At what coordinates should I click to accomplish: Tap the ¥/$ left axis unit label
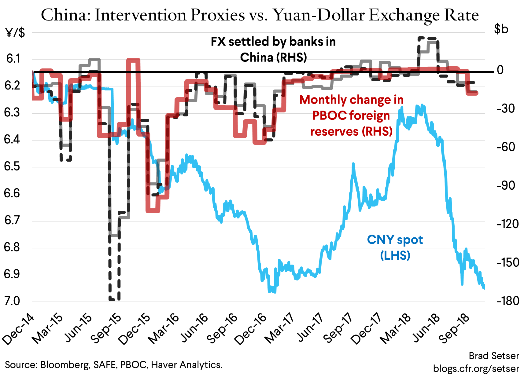[x=15, y=32]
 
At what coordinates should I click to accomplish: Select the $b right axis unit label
[x=501, y=29]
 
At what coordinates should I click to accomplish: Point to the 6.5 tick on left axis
[x=12, y=167]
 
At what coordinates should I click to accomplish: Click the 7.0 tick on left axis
[x=12, y=301]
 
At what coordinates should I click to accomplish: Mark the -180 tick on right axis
[x=507, y=301]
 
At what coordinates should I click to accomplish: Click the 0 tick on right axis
[x=500, y=70]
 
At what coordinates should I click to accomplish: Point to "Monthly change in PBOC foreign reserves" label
[x=351, y=115]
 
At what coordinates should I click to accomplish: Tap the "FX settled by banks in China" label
[x=273, y=49]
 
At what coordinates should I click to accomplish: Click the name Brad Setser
[x=494, y=356]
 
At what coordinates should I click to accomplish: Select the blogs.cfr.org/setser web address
[x=476, y=368]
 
